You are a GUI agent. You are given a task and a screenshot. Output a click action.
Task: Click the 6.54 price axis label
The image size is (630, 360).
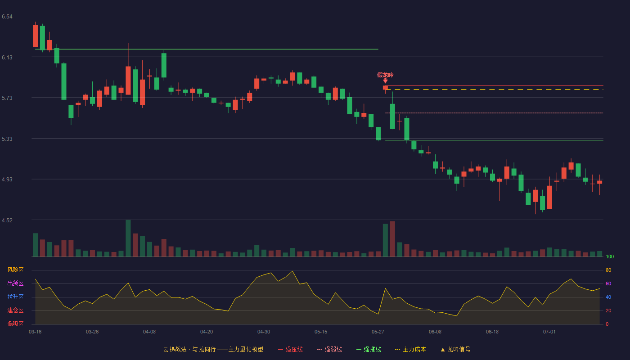click(x=7, y=17)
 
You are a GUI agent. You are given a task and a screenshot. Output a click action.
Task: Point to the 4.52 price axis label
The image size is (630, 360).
click(x=7, y=220)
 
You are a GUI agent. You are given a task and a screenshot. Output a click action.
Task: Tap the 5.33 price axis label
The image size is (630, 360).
click(x=7, y=139)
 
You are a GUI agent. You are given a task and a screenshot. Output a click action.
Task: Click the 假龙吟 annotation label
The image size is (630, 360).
click(x=385, y=75)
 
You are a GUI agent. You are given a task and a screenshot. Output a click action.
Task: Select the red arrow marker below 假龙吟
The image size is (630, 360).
click(x=385, y=81)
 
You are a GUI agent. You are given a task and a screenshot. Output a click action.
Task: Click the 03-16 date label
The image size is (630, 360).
click(x=35, y=332)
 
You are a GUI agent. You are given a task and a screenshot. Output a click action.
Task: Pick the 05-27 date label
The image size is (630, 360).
click(x=378, y=332)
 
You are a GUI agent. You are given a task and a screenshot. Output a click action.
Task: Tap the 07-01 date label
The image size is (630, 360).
click(x=549, y=332)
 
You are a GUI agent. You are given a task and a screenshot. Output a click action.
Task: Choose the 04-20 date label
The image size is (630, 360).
click(x=207, y=332)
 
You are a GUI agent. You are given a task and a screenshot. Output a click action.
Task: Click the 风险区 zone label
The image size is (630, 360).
click(x=15, y=270)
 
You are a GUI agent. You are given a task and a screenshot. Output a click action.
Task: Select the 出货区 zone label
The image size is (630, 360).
click(x=15, y=283)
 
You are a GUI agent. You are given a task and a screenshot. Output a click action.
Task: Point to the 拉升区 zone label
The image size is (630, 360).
click(x=15, y=297)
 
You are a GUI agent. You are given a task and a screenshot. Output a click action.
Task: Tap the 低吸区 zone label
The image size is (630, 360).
click(x=15, y=324)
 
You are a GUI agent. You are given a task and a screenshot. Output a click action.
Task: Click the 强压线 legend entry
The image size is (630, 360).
click(x=290, y=349)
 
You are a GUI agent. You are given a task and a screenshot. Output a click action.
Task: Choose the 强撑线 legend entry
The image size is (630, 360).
click(x=369, y=349)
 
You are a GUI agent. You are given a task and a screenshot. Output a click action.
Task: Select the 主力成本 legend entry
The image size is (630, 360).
click(x=410, y=349)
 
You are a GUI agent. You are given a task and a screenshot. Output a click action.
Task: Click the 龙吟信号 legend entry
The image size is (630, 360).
click(x=455, y=349)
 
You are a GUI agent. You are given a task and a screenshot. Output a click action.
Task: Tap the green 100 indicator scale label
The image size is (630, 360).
click(x=610, y=256)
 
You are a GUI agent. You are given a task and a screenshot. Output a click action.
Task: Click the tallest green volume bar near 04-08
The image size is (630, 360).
click(x=128, y=238)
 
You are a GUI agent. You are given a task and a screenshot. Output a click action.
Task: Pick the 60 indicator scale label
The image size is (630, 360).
click(x=608, y=283)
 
